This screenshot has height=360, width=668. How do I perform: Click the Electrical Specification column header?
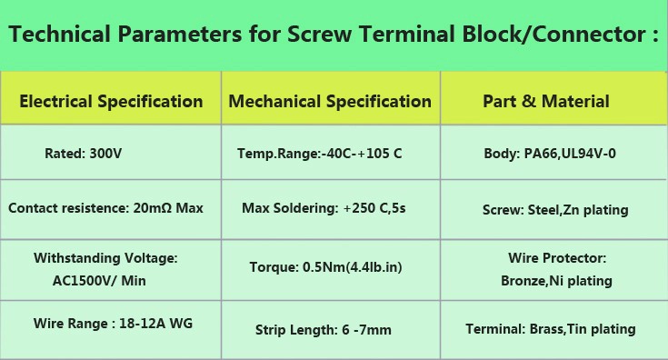pyautogui.click(x=111, y=102)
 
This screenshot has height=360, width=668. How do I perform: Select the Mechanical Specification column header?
pyautogui.click(x=330, y=102)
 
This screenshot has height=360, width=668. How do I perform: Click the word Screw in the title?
pyautogui.click(x=320, y=34)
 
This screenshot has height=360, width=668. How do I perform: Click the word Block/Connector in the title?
pyautogui.click(x=553, y=34)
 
